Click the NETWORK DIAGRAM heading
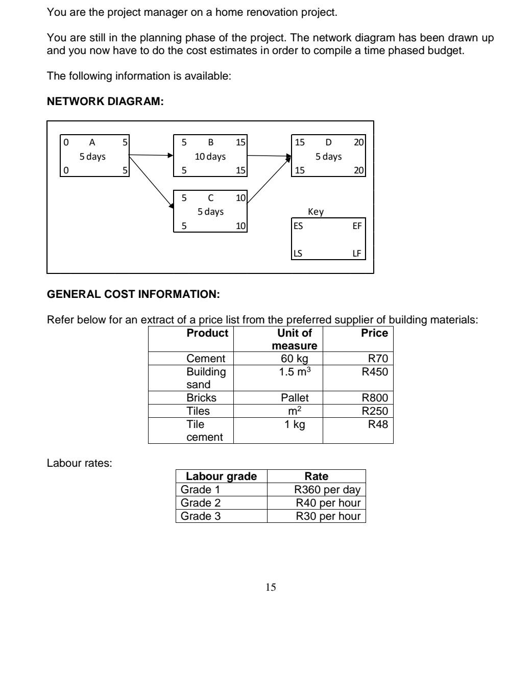pyautogui.click(x=105, y=102)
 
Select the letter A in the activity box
pyautogui.click(x=92, y=143)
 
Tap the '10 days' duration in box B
pyautogui.click(x=210, y=157)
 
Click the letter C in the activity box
pyautogui.click(x=210, y=198)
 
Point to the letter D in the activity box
pyautogui.click(x=328, y=143)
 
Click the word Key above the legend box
pyautogui.click(x=316, y=212)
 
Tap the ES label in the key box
pyautogui.click(x=298, y=226)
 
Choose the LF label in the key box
pyautogui.click(x=357, y=254)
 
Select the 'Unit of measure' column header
pyautogui.click(x=294, y=339)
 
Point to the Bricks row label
pyautogui.click(x=201, y=398)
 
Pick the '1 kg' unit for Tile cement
pyautogui.click(x=295, y=424)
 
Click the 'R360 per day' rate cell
pyautogui.click(x=327, y=490)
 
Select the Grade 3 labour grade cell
pyautogui.click(x=201, y=516)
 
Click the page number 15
pyautogui.click(x=271, y=588)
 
